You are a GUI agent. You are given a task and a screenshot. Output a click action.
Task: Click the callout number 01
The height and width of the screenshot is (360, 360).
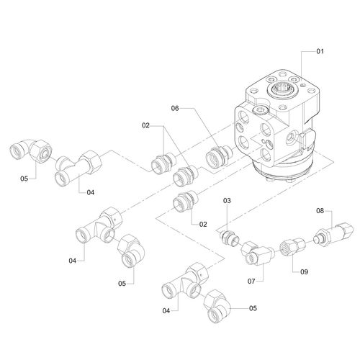(x=320, y=51)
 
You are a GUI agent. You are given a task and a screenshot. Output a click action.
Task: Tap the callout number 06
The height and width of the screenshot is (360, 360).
(x=175, y=109)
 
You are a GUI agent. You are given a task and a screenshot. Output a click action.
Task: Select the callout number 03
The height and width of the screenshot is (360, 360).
(x=227, y=201)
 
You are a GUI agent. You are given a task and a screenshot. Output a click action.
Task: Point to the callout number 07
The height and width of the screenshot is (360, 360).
(x=251, y=281)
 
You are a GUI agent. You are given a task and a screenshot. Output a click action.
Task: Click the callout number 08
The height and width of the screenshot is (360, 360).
(x=320, y=211)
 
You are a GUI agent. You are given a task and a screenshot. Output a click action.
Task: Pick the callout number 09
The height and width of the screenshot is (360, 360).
(x=304, y=272)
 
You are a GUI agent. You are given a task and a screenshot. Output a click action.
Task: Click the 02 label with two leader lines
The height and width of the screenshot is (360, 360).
(x=145, y=125)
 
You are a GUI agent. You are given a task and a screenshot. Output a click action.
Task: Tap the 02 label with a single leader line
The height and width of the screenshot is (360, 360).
(x=203, y=225)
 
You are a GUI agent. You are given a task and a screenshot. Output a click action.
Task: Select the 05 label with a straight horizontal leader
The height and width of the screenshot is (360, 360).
(x=253, y=308)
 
